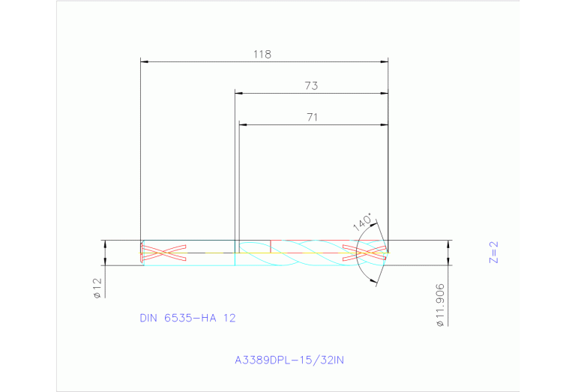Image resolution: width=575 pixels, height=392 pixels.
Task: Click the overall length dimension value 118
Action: [x=262, y=55]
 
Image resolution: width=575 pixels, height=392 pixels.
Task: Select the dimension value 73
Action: [x=311, y=86]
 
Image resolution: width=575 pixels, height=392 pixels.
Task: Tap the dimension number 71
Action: [x=313, y=118]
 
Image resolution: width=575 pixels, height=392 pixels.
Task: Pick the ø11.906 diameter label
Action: [x=440, y=305]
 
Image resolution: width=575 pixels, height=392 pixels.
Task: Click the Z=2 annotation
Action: [x=493, y=253]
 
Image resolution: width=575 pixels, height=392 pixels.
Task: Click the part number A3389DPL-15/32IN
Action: [x=289, y=360]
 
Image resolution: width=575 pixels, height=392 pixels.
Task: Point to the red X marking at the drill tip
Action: [x=365, y=253]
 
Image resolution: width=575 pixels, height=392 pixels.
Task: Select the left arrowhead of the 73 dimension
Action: [x=238, y=93]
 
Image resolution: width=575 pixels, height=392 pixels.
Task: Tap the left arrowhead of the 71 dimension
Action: [x=241, y=124]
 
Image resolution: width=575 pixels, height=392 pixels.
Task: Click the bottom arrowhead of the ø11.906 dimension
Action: [x=449, y=262]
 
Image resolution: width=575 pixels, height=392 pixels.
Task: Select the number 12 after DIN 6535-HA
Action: [x=229, y=318]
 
